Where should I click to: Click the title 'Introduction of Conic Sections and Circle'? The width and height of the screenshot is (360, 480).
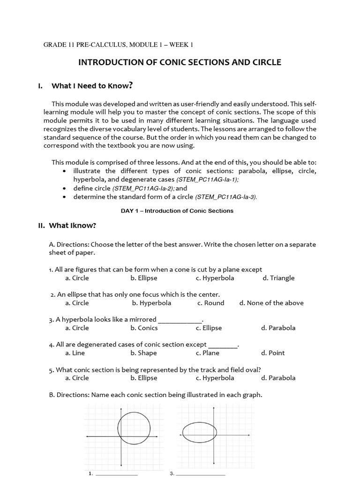pyautogui.click(x=180, y=62)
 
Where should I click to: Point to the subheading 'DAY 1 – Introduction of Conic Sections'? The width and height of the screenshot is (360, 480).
pyautogui.click(x=177, y=211)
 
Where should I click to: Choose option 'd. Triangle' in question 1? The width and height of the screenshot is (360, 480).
pyautogui.click(x=278, y=278)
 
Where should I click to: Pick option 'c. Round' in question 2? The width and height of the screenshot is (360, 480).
pyautogui.click(x=210, y=303)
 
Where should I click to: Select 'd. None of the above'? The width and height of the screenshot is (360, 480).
pyautogui.click(x=271, y=303)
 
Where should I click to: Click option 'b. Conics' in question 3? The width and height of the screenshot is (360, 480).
pyautogui.click(x=144, y=328)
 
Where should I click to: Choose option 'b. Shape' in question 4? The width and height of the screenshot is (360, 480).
pyautogui.click(x=143, y=353)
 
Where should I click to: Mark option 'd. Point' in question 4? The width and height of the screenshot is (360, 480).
pyautogui.click(x=273, y=353)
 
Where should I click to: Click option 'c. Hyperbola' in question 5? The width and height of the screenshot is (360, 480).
pyautogui.click(x=215, y=378)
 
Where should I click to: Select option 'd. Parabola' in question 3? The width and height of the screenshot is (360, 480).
pyautogui.click(x=278, y=328)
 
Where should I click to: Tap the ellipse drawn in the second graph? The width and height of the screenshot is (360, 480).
pyautogui.click(x=183, y=433)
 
